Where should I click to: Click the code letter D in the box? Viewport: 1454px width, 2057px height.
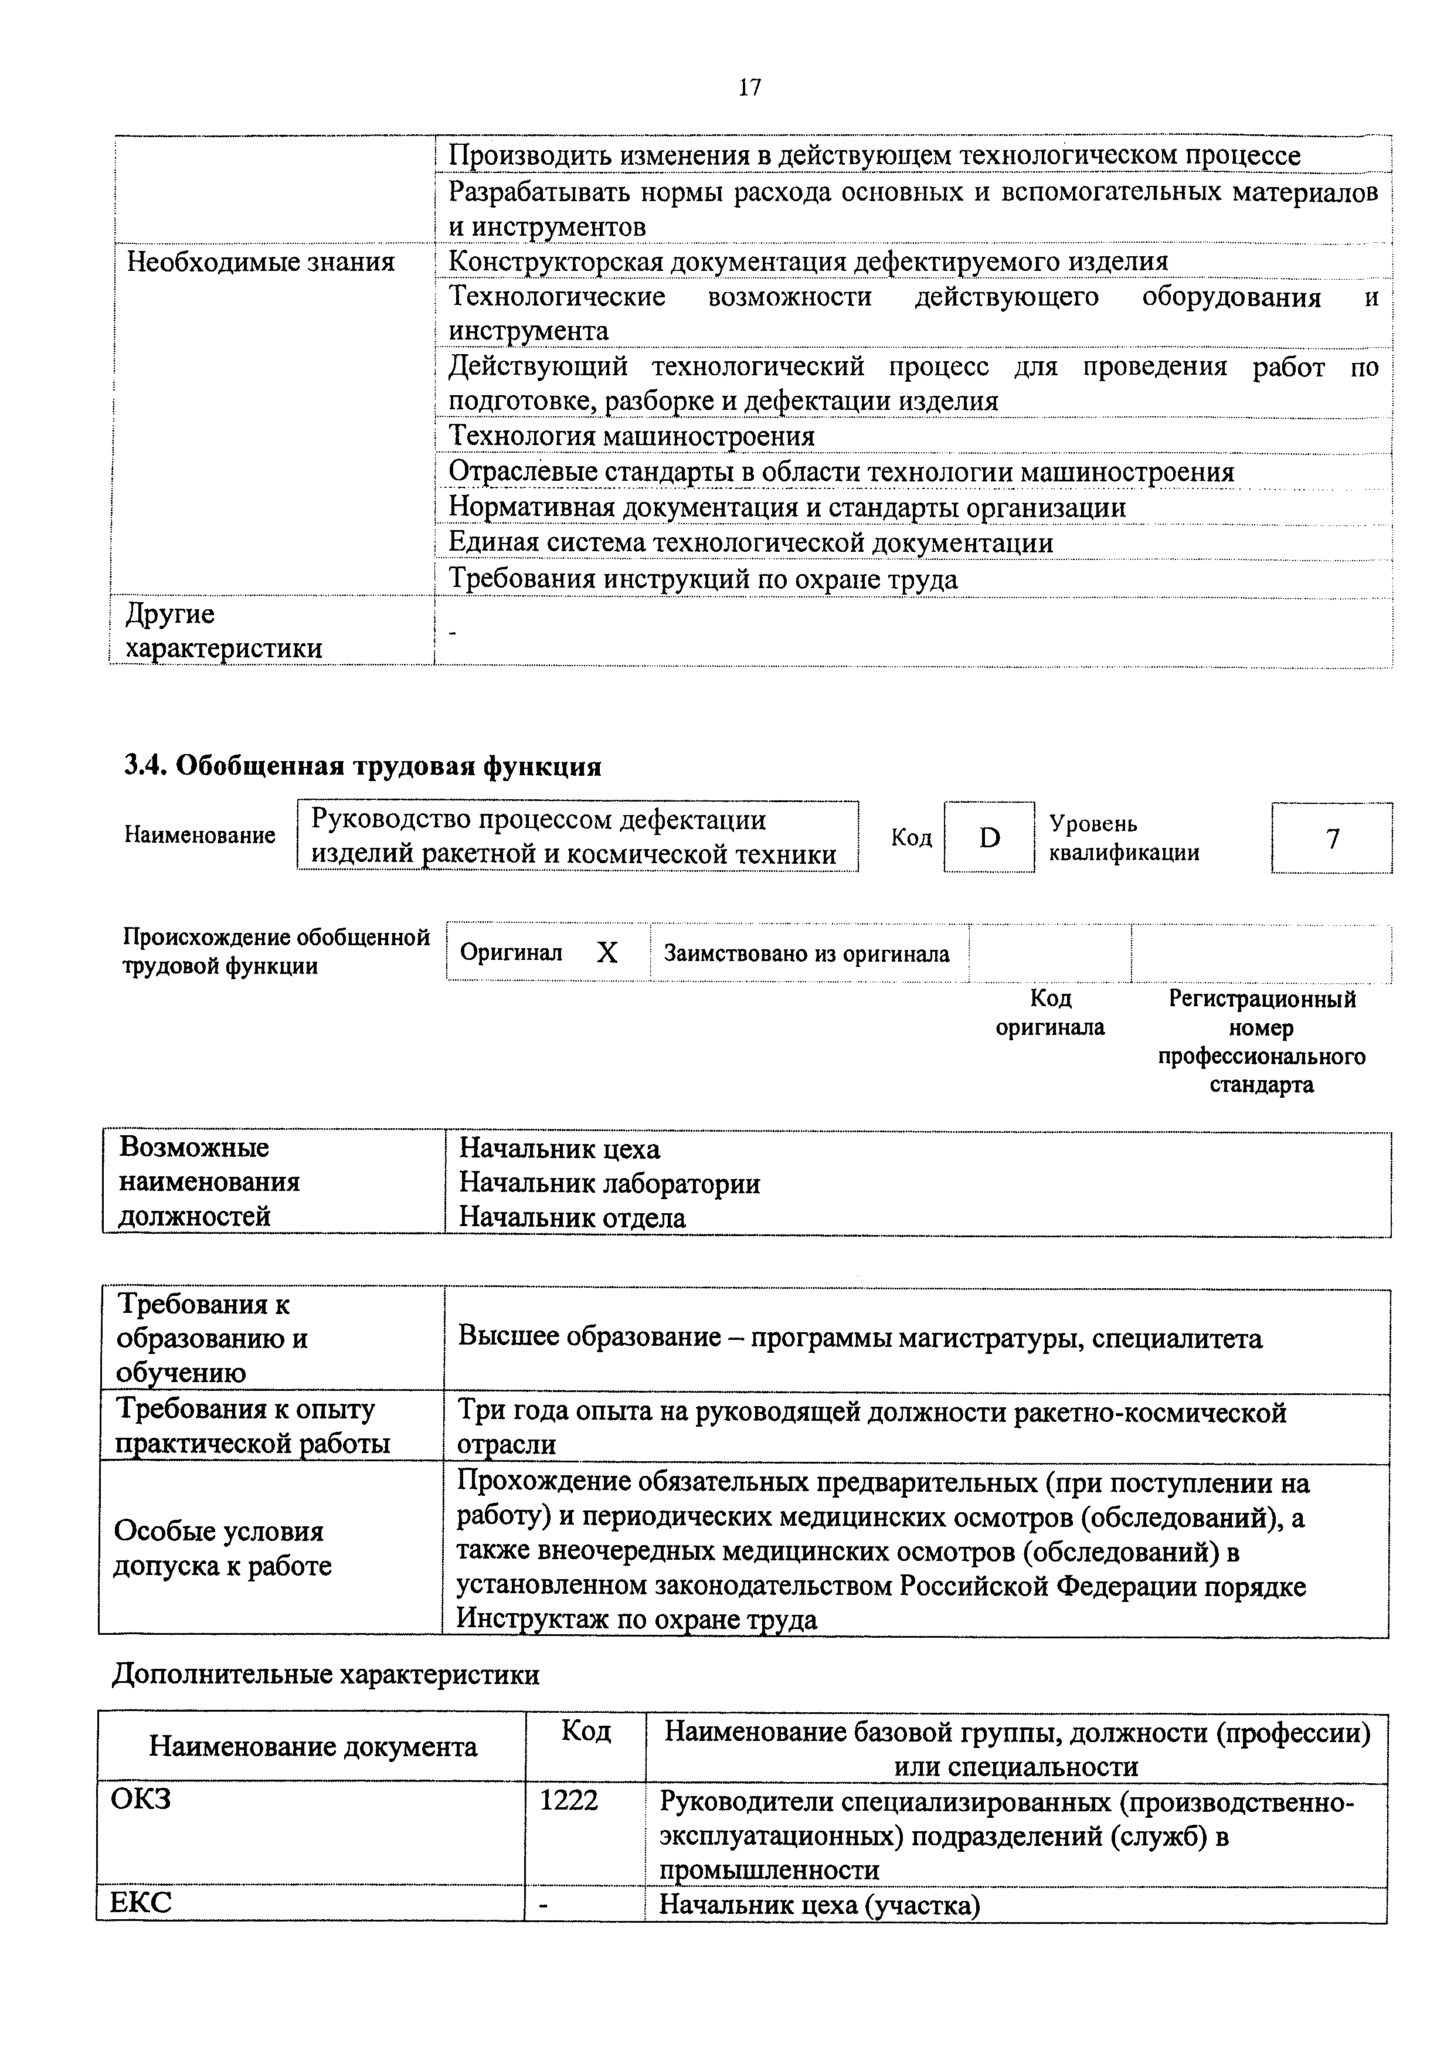pyautogui.click(x=989, y=838)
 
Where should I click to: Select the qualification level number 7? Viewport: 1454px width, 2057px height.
pyautogui.click(x=1332, y=839)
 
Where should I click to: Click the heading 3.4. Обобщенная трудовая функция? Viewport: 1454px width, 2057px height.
pyautogui.click(x=362, y=767)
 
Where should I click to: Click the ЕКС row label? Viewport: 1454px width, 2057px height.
pyautogui.click(x=141, y=1903)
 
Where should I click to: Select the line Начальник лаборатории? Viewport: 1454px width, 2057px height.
pyautogui.click(x=609, y=1183)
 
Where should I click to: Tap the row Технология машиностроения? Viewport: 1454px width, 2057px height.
pyautogui.click(x=631, y=436)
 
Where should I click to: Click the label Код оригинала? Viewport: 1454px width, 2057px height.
pyautogui.click(x=1050, y=1012)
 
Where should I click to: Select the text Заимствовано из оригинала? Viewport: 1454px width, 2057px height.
pyautogui.click(x=806, y=954)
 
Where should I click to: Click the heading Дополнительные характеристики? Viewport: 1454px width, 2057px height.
pyautogui.click(x=325, y=1675)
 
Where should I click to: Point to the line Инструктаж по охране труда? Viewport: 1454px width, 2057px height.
pyautogui.click(x=637, y=1619)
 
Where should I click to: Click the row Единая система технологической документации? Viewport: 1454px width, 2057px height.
pyautogui.click(x=750, y=543)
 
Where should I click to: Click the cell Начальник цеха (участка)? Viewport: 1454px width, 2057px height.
pyautogui.click(x=820, y=1905)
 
